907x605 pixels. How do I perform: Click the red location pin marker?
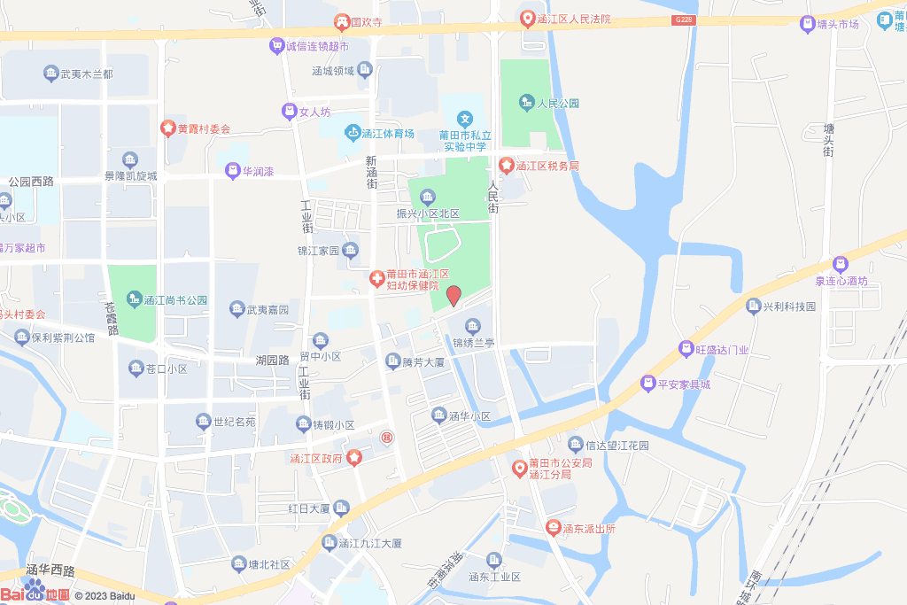pyautogui.click(x=453, y=296)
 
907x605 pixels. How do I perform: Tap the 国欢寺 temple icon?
pyautogui.click(x=341, y=21)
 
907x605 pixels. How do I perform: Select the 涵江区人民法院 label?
pyautogui.click(x=575, y=19)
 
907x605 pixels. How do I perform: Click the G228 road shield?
pyautogui.click(x=682, y=20)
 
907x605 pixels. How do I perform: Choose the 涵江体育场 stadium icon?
pyautogui.click(x=353, y=133)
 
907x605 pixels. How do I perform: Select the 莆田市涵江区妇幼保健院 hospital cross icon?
pyautogui.click(x=376, y=279)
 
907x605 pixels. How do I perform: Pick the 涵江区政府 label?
pyautogui.click(x=315, y=458)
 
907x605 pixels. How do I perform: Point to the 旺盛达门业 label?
pyautogui.click(x=721, y=350)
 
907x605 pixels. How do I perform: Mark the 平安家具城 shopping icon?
pyautogui.click(x=647, y=384)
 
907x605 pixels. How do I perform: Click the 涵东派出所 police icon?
pyautogui.click(x=554, y=528)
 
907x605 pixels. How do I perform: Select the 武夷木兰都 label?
pyautogui.click(x=86, y=74)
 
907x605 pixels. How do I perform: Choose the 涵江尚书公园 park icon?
pyautogui.click(x=135, y=299)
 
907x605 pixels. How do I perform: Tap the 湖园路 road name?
pyautogui.click(x=273, y=361)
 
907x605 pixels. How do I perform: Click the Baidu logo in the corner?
pyautogui.click(x=35, y=593)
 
